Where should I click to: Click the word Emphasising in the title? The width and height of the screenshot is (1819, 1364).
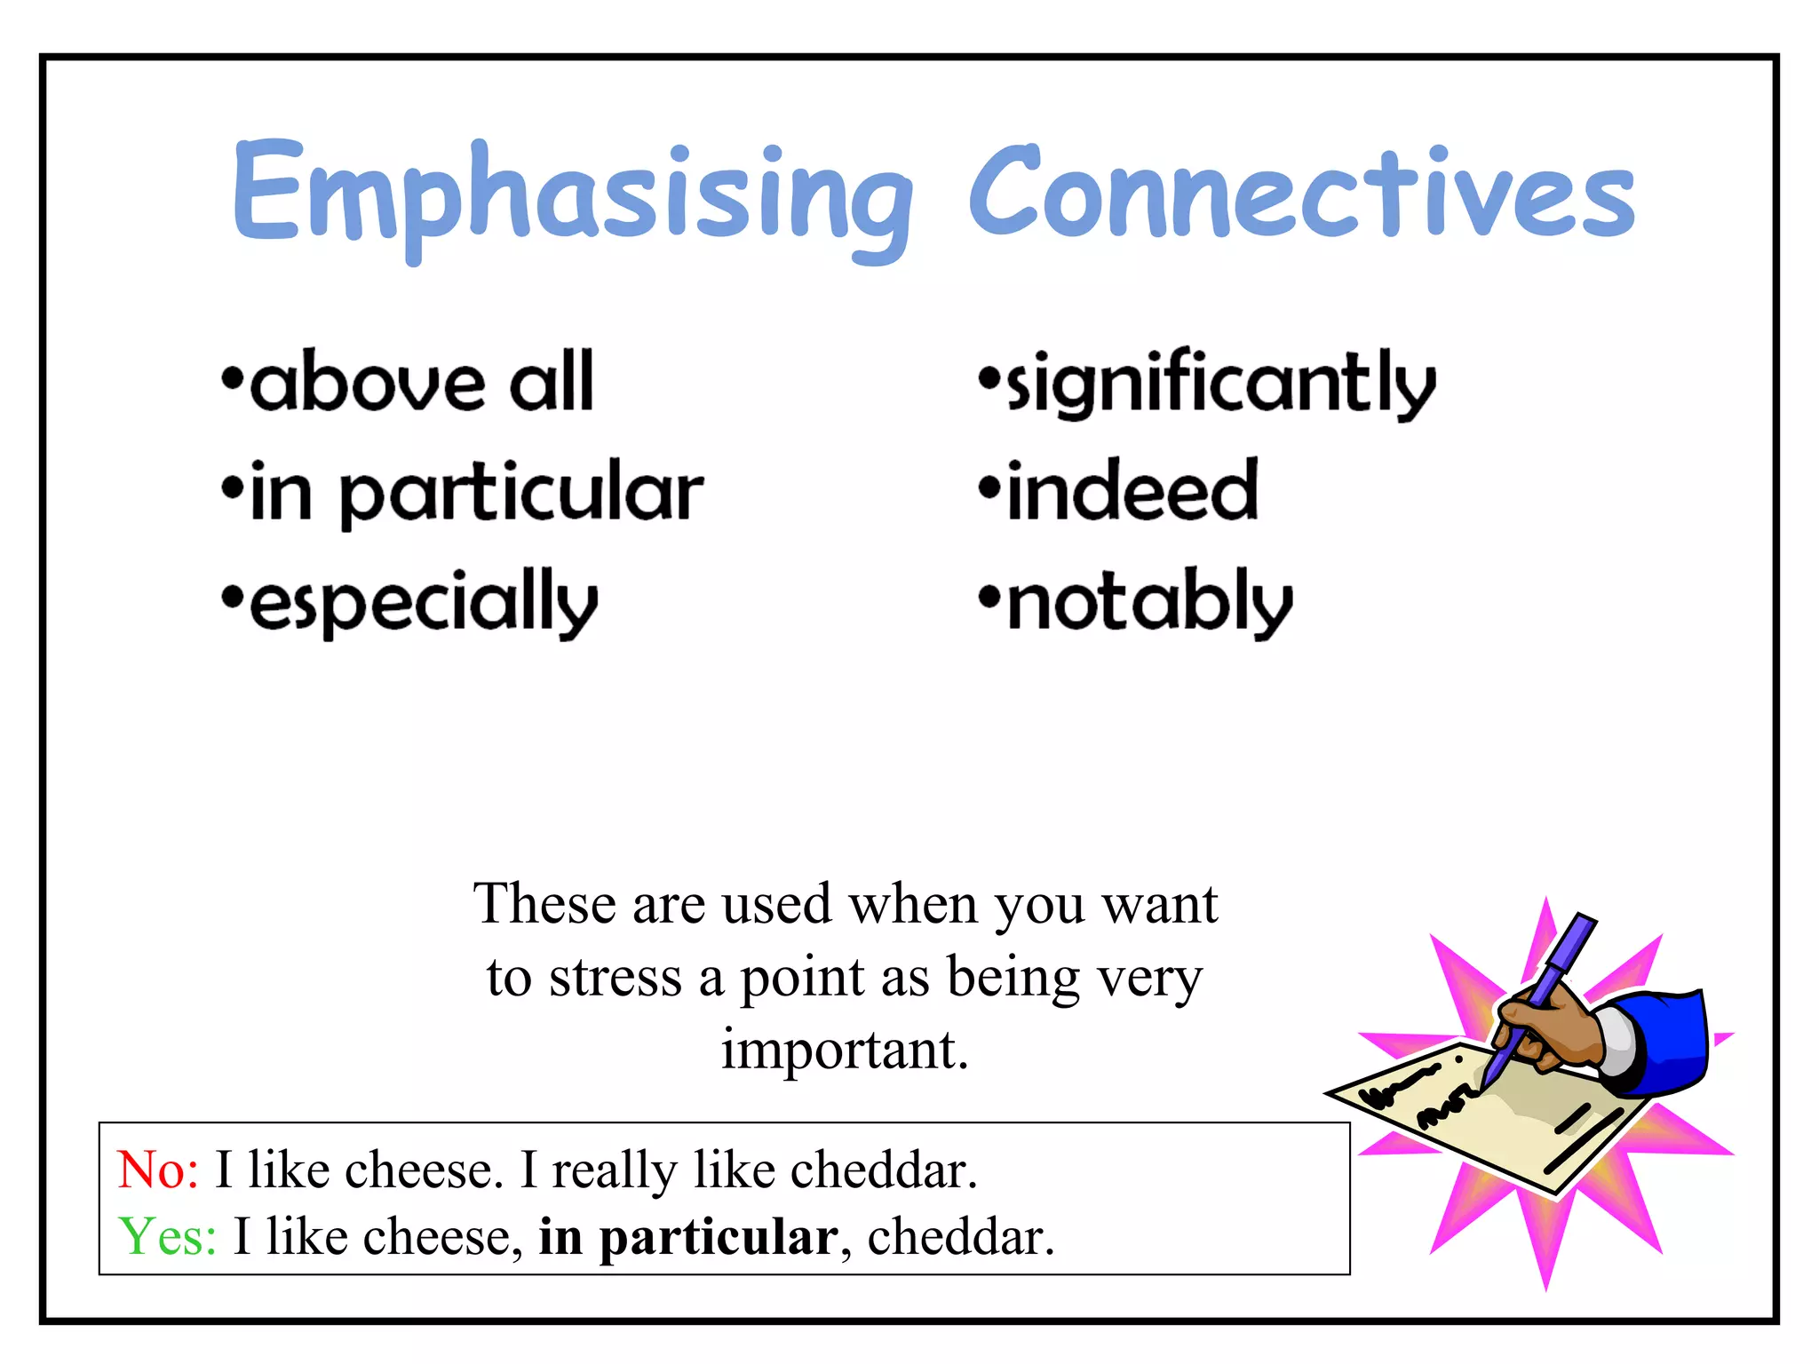click(x=573, y=195)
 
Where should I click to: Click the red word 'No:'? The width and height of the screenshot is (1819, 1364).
click(x=158, y=1170)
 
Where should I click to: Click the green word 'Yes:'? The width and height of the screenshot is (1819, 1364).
click(x=167, y=1236)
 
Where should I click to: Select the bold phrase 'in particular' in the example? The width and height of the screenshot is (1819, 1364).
click(x=687, y=1237)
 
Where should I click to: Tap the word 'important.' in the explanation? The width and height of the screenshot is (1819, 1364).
click(x=844, y=1050)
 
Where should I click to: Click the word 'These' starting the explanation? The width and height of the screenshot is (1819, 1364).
click(x=544, y=904)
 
